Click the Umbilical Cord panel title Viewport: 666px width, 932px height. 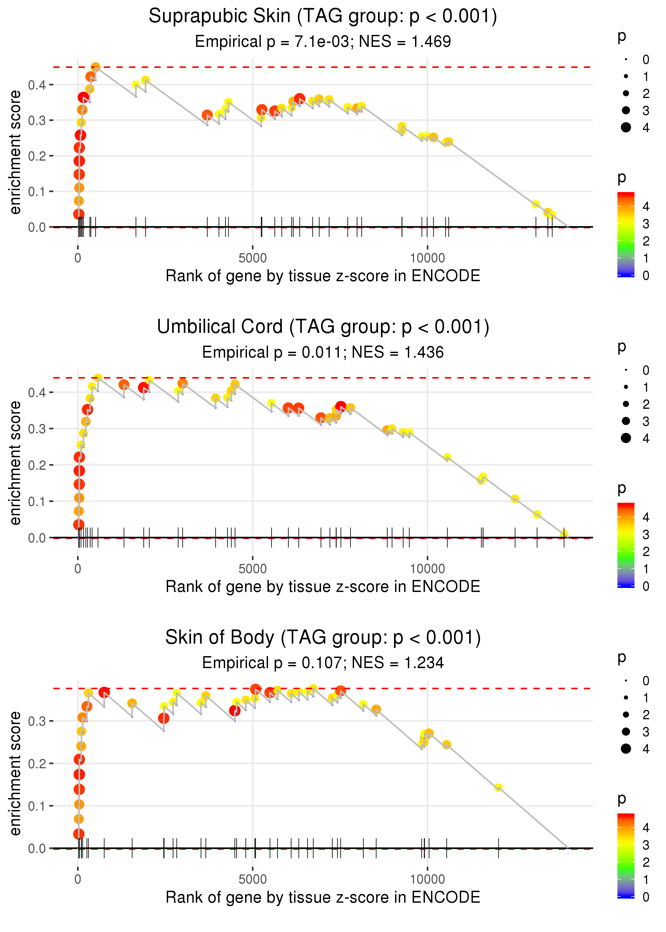pos(323,327)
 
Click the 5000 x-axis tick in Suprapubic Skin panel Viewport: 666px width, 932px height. pos(253,258)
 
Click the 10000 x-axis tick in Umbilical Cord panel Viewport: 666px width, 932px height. pos(427,569)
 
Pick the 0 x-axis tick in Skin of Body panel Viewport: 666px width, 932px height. pos(78,880)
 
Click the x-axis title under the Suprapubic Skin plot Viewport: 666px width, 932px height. pos(323,276)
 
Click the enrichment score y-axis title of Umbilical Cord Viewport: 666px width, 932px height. pos(15,463)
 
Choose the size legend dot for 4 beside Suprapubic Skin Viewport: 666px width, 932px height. pos(626,128)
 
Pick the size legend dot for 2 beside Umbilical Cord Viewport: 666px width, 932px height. pos(626,404)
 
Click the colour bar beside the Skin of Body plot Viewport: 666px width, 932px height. pos(626,855)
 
